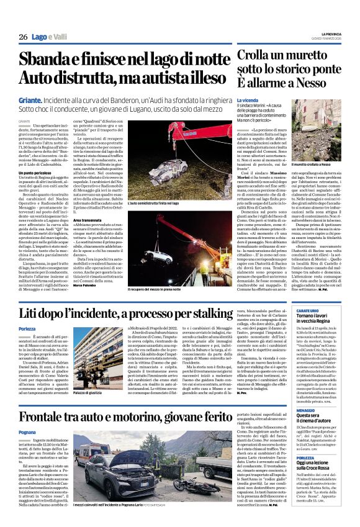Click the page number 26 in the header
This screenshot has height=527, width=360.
[x=23, y=37]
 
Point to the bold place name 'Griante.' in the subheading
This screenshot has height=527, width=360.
[x=32, y=98]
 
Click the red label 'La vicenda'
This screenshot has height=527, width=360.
[x=248, y=100]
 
